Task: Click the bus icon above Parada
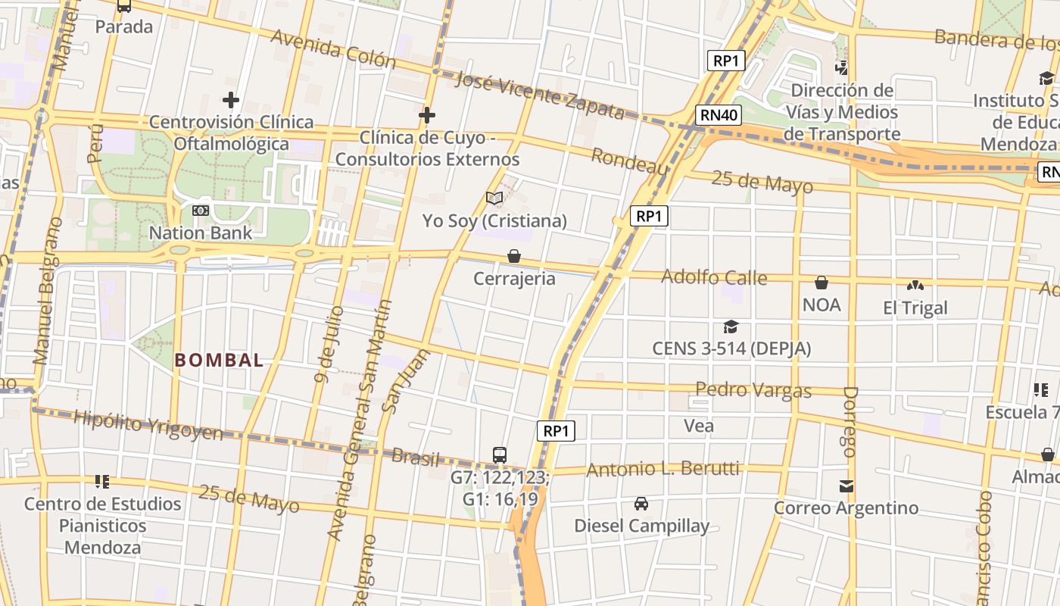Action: tap(124, 6)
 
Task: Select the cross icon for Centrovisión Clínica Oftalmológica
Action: tap(231, 100)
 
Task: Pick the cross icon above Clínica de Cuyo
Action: tap(427, 115)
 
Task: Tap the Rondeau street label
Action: tap(628, 161)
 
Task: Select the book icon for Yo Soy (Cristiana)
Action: tap(494, 198)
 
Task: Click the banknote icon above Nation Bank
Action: tap(201, 211)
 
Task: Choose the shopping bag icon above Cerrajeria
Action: tap(514, 256)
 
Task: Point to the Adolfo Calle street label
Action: tap(714, 277)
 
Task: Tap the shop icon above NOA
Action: tap(821, 283)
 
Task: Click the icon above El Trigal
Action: tap(915, 286)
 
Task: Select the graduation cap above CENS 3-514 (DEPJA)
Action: tap(731, 326)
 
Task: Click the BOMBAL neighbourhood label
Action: tap(220, 361)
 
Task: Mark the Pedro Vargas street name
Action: tap(753, 390)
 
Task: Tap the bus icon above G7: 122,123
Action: tap(500, 454)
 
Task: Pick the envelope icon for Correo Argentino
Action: tap(846, 486)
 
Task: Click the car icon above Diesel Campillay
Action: tap(641, 504)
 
